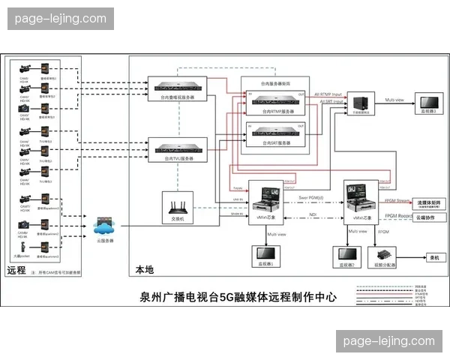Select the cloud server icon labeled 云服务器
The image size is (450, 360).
tap(104, 224)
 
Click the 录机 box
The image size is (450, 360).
tap(433, 257)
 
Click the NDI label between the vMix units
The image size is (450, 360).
tap(313, 214)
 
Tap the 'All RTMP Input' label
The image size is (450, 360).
tap(330, 94)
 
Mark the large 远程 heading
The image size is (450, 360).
tap(16, 269)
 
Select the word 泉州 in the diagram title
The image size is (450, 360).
tap(150, 297)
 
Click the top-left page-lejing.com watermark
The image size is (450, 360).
tap(60, 19)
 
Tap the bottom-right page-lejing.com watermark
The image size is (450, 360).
tap(388, 341)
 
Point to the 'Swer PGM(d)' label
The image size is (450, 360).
tap(310, 197)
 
